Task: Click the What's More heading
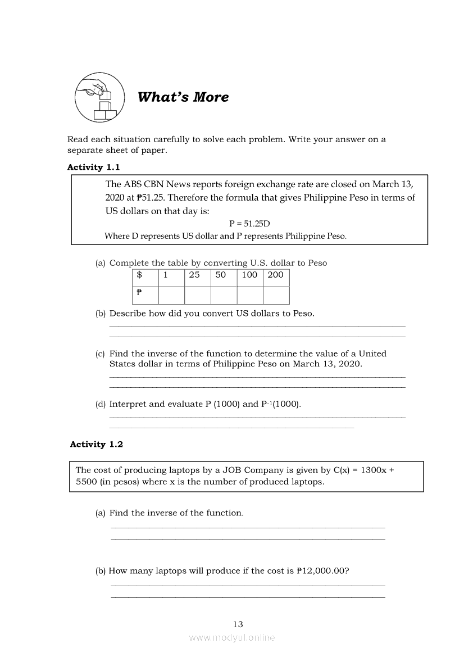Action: coord(183,97)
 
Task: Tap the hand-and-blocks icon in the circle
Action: coord(96,97)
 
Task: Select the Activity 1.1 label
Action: coord(93,167)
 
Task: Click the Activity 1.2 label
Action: coord(97,444)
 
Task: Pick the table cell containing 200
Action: coord(276,275)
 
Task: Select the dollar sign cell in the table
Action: coord(145,275)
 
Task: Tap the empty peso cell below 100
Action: coord(250,295)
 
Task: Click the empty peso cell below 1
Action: coord(171,295)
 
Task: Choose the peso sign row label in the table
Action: coord(145,295)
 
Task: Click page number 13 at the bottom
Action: coord(238,624)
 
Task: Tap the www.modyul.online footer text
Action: coord(232,637)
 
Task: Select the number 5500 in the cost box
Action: coord(87,482)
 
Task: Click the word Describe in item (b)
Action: coord(128,314)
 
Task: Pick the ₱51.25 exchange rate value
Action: coord(152,198)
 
